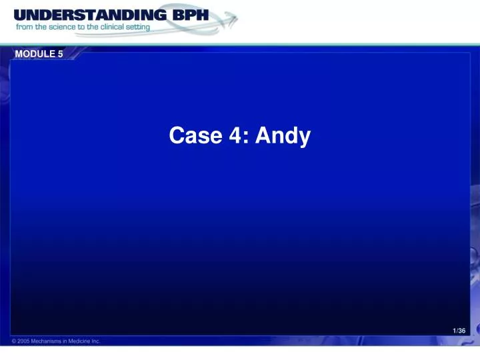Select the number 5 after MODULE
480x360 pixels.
coord(60,54)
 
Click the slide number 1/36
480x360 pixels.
coord(458,331)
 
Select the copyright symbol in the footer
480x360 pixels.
coord(14,341)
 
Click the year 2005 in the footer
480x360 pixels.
coord(24,341)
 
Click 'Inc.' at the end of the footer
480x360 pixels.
coord(97,341)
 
